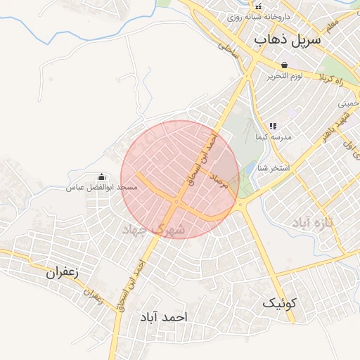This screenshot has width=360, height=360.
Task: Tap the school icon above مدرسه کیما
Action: (273, 125)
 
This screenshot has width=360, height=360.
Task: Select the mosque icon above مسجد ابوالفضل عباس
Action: (101, 177)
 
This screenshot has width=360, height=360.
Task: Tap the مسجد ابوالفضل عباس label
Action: (101, 188)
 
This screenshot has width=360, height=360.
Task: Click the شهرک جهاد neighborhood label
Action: (153, 230)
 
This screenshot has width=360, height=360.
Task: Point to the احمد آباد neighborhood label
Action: (164, 318)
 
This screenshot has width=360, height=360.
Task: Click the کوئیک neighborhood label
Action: (281, 303)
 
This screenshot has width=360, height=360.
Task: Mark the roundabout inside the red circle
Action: (176, 202)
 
